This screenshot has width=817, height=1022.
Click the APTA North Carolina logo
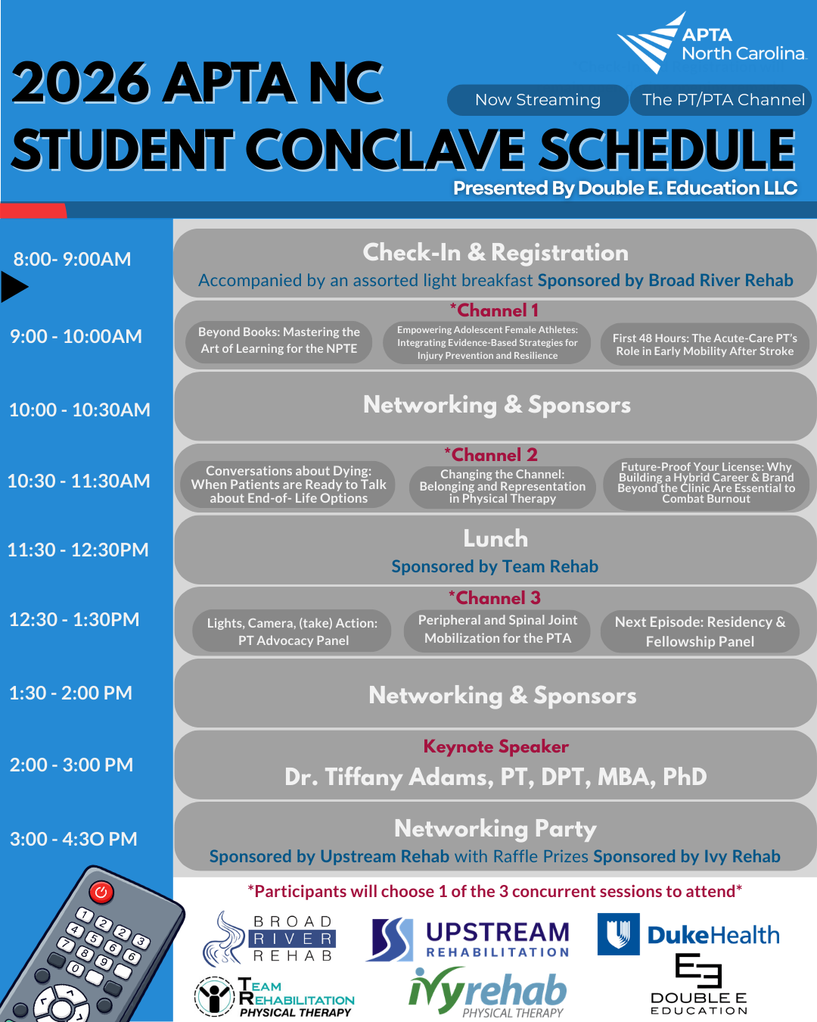pyautogui.click(x=711, y=43)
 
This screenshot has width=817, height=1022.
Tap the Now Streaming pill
pyautogui.click(x=537, y=100)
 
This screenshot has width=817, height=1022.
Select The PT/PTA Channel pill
pyautogui.click(x=722, y=100)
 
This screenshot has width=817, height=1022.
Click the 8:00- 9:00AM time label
pyautogui.click(x=73, y=259)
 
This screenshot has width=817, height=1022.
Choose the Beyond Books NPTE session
pyautogui.click(x=278, y=341)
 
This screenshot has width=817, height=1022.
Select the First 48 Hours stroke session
pyautogui.click(x=704, y=344)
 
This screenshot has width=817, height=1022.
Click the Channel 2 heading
pyautogui.click(x=492, y=455)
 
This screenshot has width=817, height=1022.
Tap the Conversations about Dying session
pyautogui.click(x=288, y=485)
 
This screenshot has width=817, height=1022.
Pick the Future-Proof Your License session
pyautogui.click(x=706, y=483)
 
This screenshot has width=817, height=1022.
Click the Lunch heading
pyautogui.click(x=495, y=539)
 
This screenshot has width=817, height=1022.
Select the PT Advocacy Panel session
pyautogui.click(x=292, y=631)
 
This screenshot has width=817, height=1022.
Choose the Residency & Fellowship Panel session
pyautogui.click(x=700, y=631)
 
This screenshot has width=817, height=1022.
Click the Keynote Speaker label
pyautogui.click(x=495, y=746)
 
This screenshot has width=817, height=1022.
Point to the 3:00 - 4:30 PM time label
pyautogui.click(x=73, y=839)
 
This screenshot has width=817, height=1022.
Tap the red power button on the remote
pyautogui.click(x=101, y=892)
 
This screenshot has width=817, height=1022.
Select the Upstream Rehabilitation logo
pyautogui.click(x=469, y=939)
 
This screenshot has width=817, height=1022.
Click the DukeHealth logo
pyautogui.click(x=688, y=934)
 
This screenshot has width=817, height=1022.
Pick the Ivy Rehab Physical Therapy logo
pyautogui.click(x=488, y=992)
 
